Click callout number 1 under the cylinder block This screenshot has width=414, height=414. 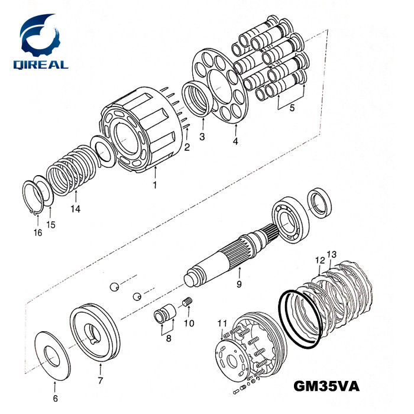pyautogui.click(x=155, y=185)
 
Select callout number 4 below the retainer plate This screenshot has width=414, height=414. pyautogui.click(x=235, y=141)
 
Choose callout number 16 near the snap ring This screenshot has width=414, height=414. pyautogui.click(x=38, y=232)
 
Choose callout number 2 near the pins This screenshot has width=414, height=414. pyautogui.click(x=187, y=147)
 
